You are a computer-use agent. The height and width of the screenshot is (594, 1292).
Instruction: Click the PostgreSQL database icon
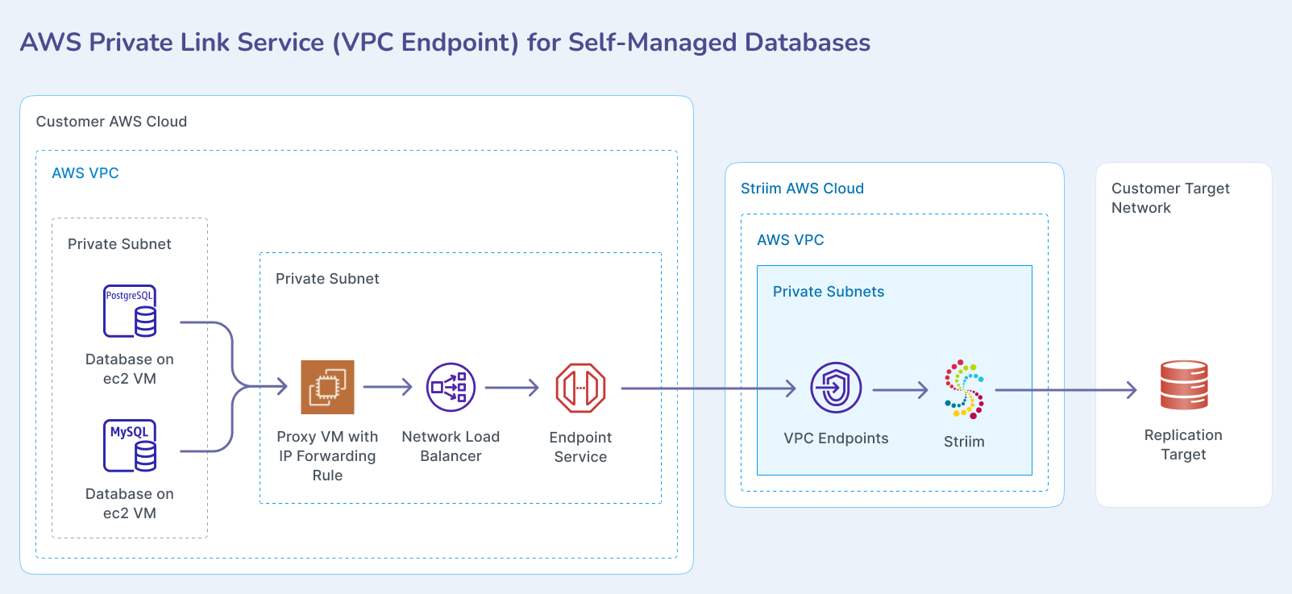click(x=130, y=311)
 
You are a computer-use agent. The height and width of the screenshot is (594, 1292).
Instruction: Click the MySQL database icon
click(x=130, y=446)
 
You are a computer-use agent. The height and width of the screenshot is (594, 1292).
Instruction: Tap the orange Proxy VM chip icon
click(x=327, y=387)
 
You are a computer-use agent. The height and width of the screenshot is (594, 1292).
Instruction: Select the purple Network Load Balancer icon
click(x=451, y=387)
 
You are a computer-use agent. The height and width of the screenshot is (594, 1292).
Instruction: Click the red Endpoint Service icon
click(x=580, y=388)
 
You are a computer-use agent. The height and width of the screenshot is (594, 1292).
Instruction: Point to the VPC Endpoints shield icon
click(x=836, y=388)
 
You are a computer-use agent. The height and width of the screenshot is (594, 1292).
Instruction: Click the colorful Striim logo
click(x=964, y=389)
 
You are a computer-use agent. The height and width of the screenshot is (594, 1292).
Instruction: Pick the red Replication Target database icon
click(x=1183, y=385)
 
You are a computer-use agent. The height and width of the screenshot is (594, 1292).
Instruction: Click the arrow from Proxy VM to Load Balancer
click(x=388, y=387)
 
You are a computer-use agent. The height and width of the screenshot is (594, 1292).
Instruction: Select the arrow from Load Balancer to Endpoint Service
click(x=512, y=388)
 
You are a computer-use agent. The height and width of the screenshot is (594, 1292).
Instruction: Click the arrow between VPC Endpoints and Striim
click(x=900, y=390)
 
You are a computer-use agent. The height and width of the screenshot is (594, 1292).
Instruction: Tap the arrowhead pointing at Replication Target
click(x=1132, y=390)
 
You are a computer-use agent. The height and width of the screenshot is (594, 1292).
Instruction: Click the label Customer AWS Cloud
click(x=111, y=122)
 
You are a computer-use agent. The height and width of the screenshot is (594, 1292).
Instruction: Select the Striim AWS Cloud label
click(x=802, y=189)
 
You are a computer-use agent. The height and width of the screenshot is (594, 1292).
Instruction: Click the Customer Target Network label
click(x=1169, y=197)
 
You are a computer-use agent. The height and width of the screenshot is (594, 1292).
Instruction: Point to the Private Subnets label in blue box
click(x=828, y=292)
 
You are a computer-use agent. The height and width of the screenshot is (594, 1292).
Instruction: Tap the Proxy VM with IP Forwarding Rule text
click(x=327, y=456)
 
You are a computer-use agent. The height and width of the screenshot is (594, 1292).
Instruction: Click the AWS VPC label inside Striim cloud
click(x=790, y=240)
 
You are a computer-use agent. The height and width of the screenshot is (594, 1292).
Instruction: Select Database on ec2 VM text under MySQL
click(x=130, y=504)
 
